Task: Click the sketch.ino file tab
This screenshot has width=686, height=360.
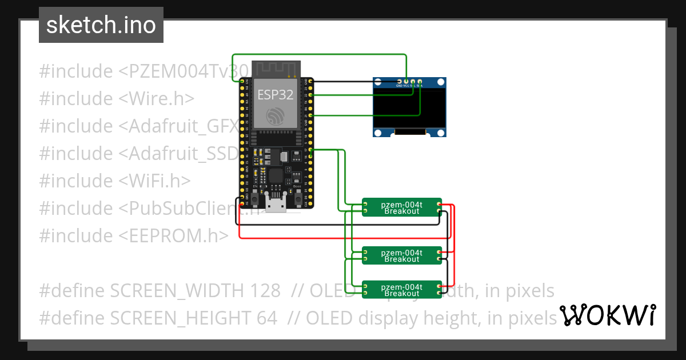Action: (x=101, y=25)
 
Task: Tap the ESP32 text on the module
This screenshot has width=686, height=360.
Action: (x=275, y=94)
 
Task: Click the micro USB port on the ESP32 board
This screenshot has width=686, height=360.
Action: (x=276, y=204)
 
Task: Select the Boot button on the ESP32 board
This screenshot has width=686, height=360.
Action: (x=298, y=199)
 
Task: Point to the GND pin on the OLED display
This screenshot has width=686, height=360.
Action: (x=399, y=82)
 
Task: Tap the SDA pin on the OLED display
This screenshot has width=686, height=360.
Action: (x=420, y=82)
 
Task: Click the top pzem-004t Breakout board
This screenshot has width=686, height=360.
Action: (x=402, y=207)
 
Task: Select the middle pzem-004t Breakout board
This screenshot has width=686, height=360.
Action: (x=402, y=255)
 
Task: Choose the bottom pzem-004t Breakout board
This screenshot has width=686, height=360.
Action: (x=402, y=290)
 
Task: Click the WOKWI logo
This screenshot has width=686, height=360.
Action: (x=607, y=315)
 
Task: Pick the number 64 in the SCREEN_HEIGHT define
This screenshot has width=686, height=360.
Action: (x=266, y=318)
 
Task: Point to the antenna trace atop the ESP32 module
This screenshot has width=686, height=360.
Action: (x=276, y=69)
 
